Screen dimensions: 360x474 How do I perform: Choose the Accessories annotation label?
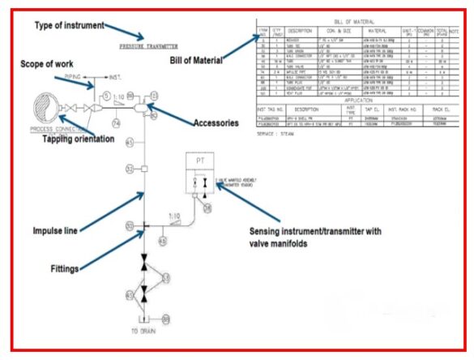tap(216, 124)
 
